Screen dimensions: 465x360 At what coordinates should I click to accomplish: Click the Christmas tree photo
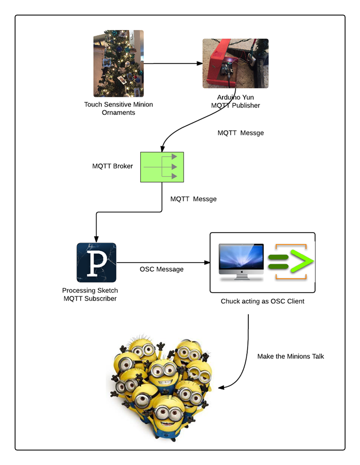coord(118,64)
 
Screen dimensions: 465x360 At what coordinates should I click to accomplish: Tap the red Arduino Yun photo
coord(235,63)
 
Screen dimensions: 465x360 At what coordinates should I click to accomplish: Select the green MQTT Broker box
coord(162,167)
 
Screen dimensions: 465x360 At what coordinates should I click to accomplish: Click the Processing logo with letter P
coord(96,262)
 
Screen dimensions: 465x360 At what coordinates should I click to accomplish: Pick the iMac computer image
coord(241,262)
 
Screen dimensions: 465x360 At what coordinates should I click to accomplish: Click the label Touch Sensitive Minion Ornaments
coord(118,108)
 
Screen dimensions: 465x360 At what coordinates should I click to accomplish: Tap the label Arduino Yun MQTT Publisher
coord(235,101)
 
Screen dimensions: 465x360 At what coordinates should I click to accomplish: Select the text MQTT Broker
coord(113,166)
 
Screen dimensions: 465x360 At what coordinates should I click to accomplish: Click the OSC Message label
coord(161,269)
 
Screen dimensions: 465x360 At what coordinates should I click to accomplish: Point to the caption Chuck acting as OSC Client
coord(262,301)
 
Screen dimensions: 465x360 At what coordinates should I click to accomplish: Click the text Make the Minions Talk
coord(291,356)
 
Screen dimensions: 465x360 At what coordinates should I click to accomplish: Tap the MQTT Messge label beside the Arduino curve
coord(241,133)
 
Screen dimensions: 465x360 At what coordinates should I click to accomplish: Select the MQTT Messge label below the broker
coord(193,199)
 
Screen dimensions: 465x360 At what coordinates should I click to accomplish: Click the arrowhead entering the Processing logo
coord(96,236)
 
